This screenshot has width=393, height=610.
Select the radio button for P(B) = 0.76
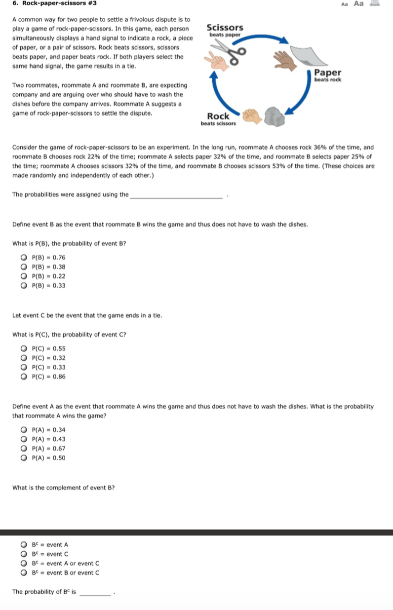pyautogui.click(x=23, y=258)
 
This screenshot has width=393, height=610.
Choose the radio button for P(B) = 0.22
pyautogui.click(x=23, y=276)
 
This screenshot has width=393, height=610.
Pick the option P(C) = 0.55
pyautogui.click(x=23, y=348)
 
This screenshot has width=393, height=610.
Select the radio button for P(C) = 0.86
pyautogui.click(x=23, y=377)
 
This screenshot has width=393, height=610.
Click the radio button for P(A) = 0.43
pyautogui.click(x=23, y=439)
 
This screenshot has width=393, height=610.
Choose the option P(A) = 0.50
pyautogui.click(x=23, y=458)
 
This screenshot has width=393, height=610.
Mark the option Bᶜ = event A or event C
pyautogui.click(x=23, y=564)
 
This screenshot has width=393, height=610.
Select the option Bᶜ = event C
pyautogui.click(x=23, y=554)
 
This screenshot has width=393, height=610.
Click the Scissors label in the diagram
pyautogui.click(x=224, y=28)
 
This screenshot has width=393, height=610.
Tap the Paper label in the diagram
pyautogui.click(x=327, y=73)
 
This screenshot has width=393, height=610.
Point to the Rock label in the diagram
pyautogui.click(x=218, y=116)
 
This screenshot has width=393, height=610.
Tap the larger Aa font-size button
pyautogui.click(x=359, y=3)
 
